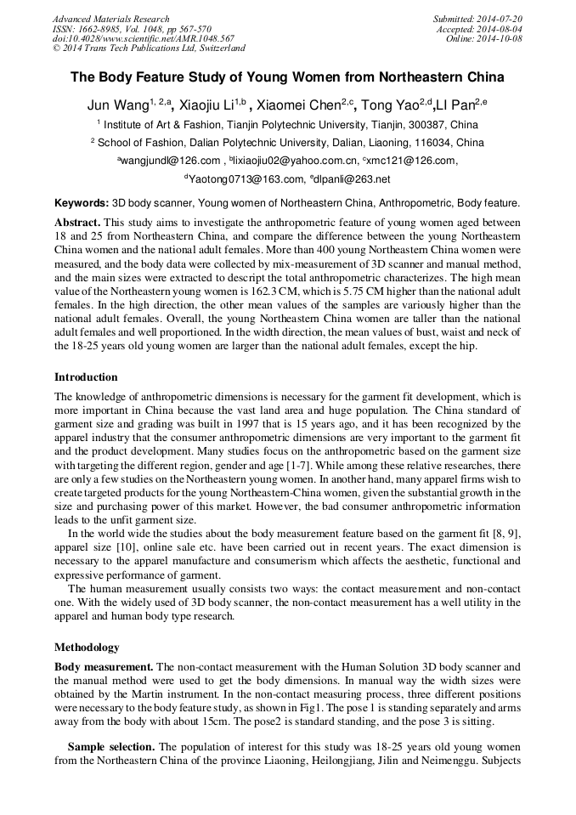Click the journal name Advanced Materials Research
pyautogui.click(x=110, y=19)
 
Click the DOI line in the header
pyautogui.click(x=143, y=38)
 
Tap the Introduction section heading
pyautogui.click(x=86, y=376)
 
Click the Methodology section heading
pyautogui.click(x=87, y=647)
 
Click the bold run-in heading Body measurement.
pyautogui.click(x=104, y=667)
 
